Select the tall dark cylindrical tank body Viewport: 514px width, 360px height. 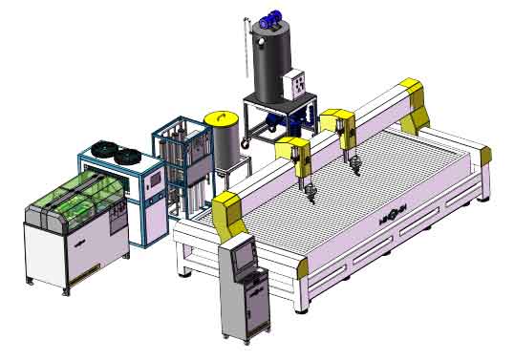click(x=270, y=63)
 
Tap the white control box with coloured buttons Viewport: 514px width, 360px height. click(x=301, y=88)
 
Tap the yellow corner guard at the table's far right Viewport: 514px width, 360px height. click(x=482, y=156)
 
